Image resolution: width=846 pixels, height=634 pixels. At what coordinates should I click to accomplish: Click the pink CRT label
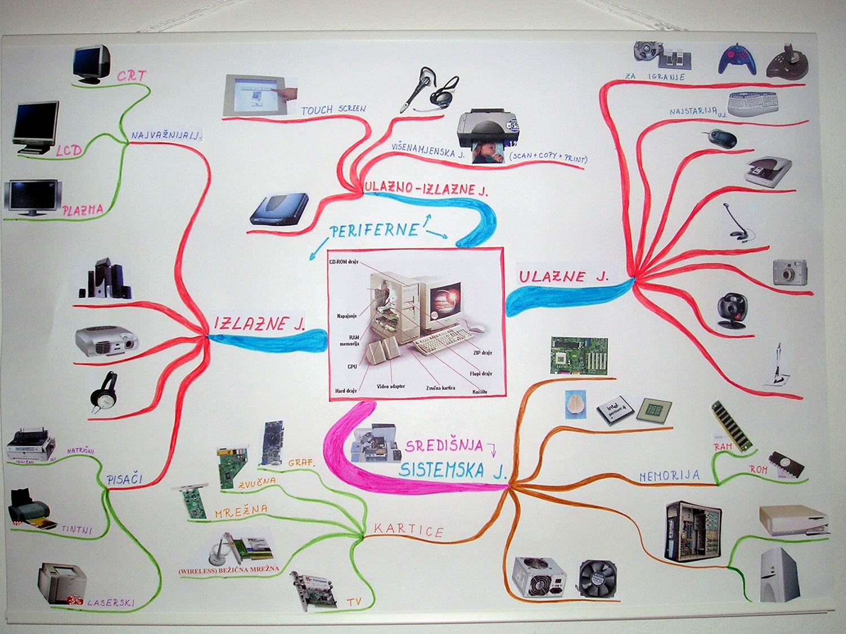(131, 75)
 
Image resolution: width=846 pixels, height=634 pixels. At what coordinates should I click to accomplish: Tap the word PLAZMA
(83, 211)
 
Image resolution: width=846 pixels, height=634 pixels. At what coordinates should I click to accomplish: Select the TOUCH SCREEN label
(333, 109)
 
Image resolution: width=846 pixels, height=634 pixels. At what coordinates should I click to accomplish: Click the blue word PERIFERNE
(374, 230)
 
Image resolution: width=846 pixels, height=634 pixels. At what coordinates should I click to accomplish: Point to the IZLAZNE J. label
(259, 323)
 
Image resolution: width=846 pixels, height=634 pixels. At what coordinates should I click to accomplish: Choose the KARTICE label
(408, 529)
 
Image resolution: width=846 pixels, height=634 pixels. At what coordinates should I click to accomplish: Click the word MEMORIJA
(669, 476)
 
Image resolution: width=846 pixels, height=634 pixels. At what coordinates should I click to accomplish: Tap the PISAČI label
(125, 480)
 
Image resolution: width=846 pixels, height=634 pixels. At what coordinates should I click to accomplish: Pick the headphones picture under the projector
(105, 389)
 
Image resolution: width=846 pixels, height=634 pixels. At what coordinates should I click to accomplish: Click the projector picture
(106, 340)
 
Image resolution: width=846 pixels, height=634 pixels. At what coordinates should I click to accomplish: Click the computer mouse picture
(720, 138)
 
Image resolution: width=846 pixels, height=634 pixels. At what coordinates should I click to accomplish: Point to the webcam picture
(732, 311)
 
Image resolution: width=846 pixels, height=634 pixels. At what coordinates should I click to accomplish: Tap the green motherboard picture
(579, 356)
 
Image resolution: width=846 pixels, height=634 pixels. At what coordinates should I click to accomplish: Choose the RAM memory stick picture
(732, 426)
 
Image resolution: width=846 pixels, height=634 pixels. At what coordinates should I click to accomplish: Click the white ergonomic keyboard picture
(754, 103)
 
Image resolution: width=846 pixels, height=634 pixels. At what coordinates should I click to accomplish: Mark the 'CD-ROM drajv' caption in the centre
(343, 262)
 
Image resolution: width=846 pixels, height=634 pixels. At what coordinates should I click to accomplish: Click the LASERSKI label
(111, 602)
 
